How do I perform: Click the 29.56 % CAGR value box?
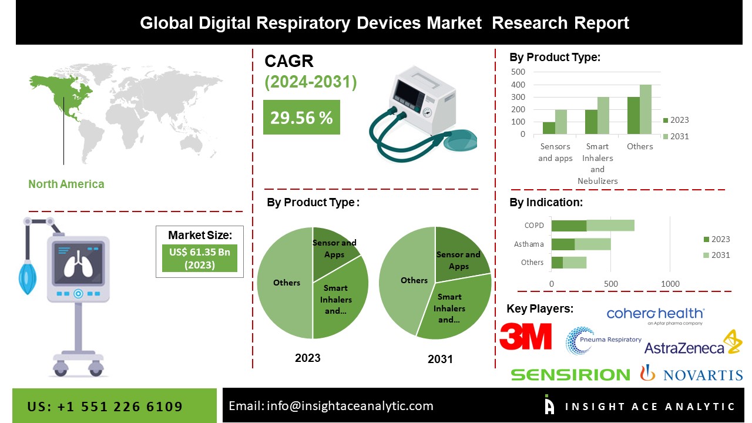[301, 117]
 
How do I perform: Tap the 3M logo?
[525, 336]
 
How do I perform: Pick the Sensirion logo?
[570, 374]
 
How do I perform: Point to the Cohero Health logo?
[655, 315]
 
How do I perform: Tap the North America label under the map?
[66, 184]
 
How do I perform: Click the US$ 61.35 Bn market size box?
[200, 258]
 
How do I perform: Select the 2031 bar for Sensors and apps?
[561, 122]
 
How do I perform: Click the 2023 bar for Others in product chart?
[633, 115]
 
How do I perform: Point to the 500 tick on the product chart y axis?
[518, 72]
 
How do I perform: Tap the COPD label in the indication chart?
[534, 226]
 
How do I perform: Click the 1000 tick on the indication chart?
[670, 284]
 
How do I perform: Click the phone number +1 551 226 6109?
[105, 407]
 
